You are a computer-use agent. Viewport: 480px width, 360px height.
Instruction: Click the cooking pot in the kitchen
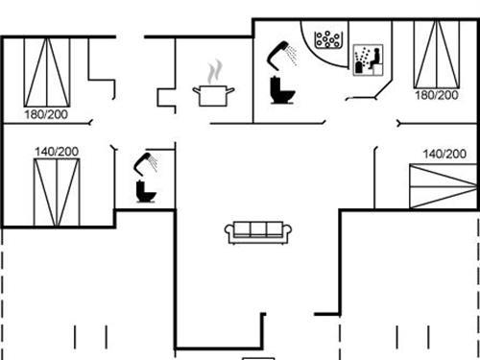point(214,94)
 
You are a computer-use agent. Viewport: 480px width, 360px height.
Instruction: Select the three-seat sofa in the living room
point(258,231)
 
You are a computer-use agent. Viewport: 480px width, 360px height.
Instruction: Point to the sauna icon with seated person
point(368,60)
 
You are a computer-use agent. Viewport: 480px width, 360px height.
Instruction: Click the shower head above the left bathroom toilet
point(147,160)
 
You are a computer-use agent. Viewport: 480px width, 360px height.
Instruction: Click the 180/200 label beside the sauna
point(436,95)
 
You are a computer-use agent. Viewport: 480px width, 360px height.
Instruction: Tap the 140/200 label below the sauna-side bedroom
point(444,154)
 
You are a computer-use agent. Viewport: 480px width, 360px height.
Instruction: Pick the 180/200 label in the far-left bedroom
point(45,113)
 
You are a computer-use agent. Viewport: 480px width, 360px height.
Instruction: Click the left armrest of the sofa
point(228,231)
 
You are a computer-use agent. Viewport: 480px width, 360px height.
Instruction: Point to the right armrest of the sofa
point(288,231)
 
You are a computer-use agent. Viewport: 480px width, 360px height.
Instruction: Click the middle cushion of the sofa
point(258,229)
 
